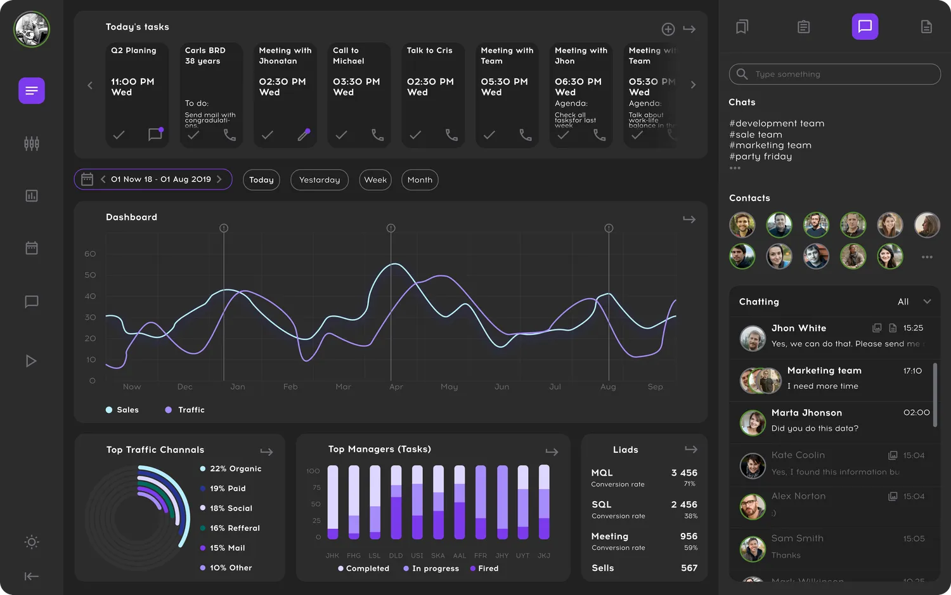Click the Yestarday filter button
coord(320,180)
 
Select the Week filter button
coord(375,180)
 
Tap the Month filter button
coord(420,180)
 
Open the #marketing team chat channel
coord(770,145)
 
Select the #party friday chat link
coord(760,157)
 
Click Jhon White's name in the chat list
coord(798,328)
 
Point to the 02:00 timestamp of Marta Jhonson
coord(916,413)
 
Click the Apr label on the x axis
coord(396,387)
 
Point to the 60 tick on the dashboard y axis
coord(90,254)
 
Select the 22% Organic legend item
coord(235,469)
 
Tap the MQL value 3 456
coord(684,473)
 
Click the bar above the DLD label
coord(396,502)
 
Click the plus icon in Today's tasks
coord(668,29)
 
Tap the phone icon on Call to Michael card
coord(377,135)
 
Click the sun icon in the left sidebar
coord(32,542)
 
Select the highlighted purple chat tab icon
coord(865,27)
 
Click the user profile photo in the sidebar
coord(32,29)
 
